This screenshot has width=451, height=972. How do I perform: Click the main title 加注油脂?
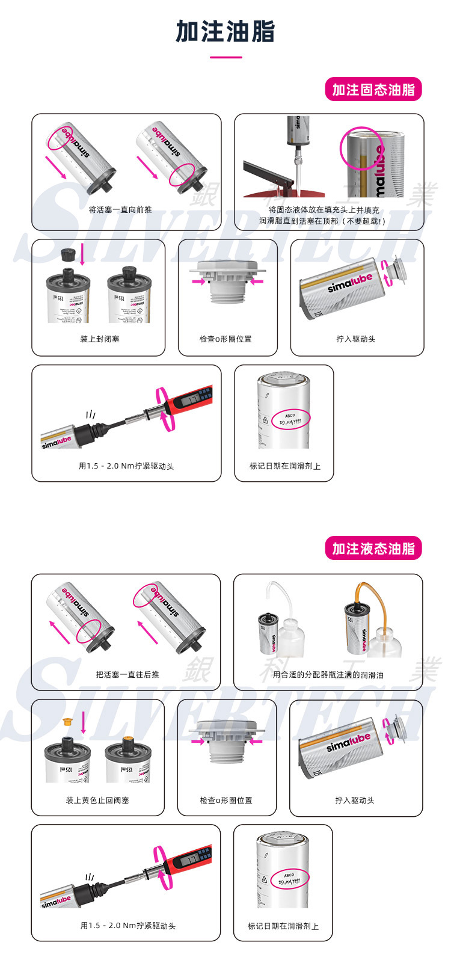pyautogui.click(x=226, y=31)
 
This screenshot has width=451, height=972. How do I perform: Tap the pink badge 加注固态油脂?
pyautogui.click(x=373, y=90)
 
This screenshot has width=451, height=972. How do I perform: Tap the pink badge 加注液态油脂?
pyautogui.click(x=373, y=549)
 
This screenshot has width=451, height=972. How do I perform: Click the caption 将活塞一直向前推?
pyautogui.click(x=120, y=209)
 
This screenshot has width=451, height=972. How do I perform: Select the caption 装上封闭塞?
pyautogui.click(x=100, y=339)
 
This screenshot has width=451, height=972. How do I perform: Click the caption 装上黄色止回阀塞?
pyautogui.click(x=97, y=800)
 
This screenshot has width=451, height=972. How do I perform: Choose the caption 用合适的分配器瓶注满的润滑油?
pyautogui.click(x=328, y=674)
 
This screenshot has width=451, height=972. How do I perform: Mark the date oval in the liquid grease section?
pyautogui.click(x=290, y=878)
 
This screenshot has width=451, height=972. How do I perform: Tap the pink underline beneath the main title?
pyautogui.click(x=226, y=57)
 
